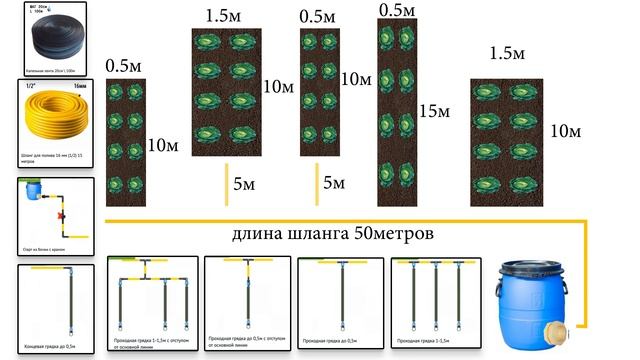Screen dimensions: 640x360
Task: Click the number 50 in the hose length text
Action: [x=356, y=236]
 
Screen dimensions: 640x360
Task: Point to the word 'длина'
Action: [x=257, y=237]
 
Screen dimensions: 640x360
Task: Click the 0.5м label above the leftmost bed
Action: [x=125, y=66]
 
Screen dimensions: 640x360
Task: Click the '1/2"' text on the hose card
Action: [x=30, y=88]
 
